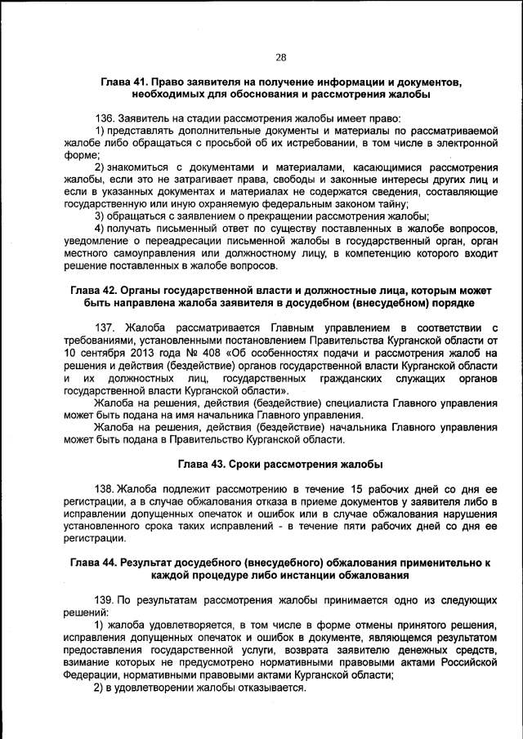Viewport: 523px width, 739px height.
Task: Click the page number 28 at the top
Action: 280,56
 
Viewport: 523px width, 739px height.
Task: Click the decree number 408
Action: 190,353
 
